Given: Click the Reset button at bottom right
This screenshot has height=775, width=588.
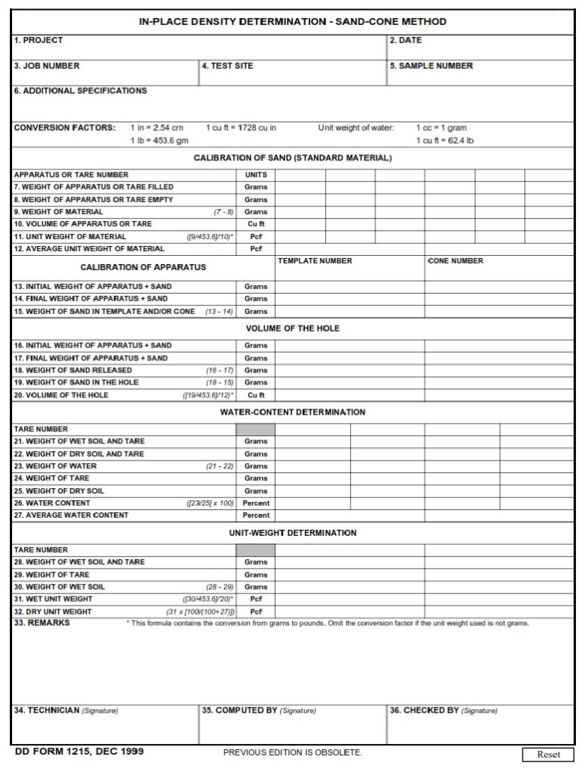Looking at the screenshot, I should coord(549,754).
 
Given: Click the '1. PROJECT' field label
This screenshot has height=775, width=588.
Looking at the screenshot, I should coord(39,40).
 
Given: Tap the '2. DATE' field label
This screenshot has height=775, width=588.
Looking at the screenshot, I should coord(406,40).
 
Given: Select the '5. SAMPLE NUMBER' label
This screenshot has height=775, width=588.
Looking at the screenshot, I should coord(431,66).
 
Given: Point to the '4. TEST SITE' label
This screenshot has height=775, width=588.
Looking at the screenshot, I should coord(228,66).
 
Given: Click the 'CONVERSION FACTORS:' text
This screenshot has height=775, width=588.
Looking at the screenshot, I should coord(65,128).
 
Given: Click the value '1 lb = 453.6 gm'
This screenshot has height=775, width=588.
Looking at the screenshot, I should coord(160,141).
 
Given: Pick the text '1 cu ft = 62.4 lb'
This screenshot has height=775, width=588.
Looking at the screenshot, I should coord(445,141).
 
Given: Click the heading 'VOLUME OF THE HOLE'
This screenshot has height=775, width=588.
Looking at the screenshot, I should coord(293,328).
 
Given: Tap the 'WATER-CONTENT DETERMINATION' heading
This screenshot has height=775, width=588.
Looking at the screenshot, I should coord(293,412).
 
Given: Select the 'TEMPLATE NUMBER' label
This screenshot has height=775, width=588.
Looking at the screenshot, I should coord(315,261).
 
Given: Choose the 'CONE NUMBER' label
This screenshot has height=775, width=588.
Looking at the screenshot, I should coord(456,261).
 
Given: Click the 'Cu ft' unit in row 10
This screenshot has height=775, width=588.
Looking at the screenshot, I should coord(256,224).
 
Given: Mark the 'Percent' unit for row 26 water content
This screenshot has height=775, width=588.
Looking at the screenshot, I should coord(256,503).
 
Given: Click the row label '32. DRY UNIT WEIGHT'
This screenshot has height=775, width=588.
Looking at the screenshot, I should coord(53,612).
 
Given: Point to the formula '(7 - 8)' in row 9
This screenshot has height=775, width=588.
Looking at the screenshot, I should coord(223,212).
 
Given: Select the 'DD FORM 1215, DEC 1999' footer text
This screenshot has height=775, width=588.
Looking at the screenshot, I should coord(79,752).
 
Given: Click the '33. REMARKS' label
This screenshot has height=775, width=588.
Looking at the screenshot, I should coord(42,623).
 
